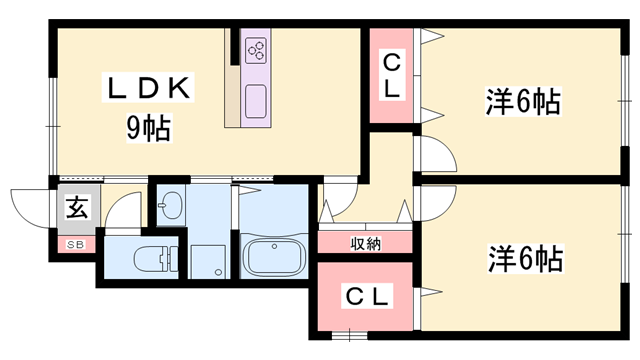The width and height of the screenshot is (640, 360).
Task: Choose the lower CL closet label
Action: [x=369, y=296]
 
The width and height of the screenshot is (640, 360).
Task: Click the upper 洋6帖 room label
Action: [x=522, y=101]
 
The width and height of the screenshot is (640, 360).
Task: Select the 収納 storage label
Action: [x=364, y=243]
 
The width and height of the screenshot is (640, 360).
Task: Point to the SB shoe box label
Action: [x=75, y=244]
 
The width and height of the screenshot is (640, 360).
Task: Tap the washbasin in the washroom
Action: [x=170, y=207]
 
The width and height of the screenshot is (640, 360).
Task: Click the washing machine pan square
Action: [x=209, y=261]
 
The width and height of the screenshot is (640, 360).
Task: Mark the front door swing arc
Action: [x=30, y=204]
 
